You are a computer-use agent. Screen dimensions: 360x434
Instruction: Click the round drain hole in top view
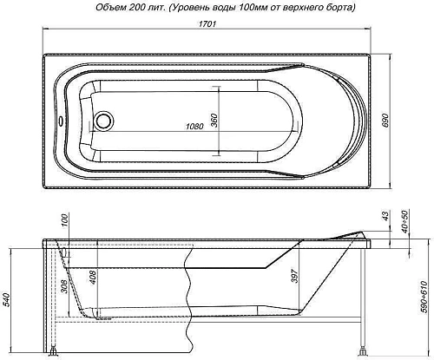(105, 119)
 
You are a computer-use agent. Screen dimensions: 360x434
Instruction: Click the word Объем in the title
(92, 8)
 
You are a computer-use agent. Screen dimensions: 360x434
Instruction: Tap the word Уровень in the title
(182, 8)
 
